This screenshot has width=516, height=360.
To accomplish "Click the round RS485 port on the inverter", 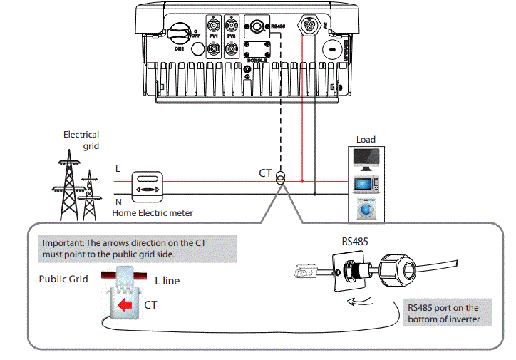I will click(x=254, y=28).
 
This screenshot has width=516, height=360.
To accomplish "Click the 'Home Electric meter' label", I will click(x=153, y=212).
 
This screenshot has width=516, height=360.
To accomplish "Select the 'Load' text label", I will click(x=365, y=140).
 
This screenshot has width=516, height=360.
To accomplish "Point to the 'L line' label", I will click(x=167, y=281).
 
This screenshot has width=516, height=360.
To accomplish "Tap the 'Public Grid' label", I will click(x=63, y=279).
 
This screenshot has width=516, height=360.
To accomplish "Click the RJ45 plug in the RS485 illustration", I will click(x=302, y=271).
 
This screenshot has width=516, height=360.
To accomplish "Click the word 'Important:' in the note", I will click(x=63, y=242).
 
